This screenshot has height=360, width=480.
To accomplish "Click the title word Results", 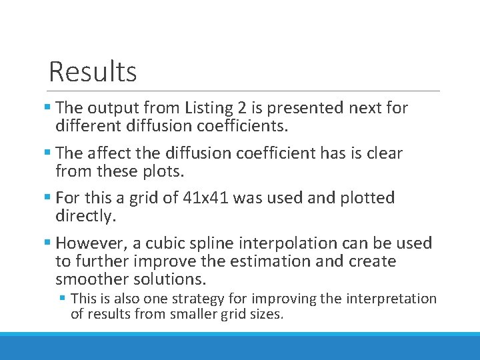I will coord(93,71).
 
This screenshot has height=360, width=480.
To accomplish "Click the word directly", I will coord(85,216).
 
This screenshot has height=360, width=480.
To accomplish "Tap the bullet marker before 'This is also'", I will coord(63,299).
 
